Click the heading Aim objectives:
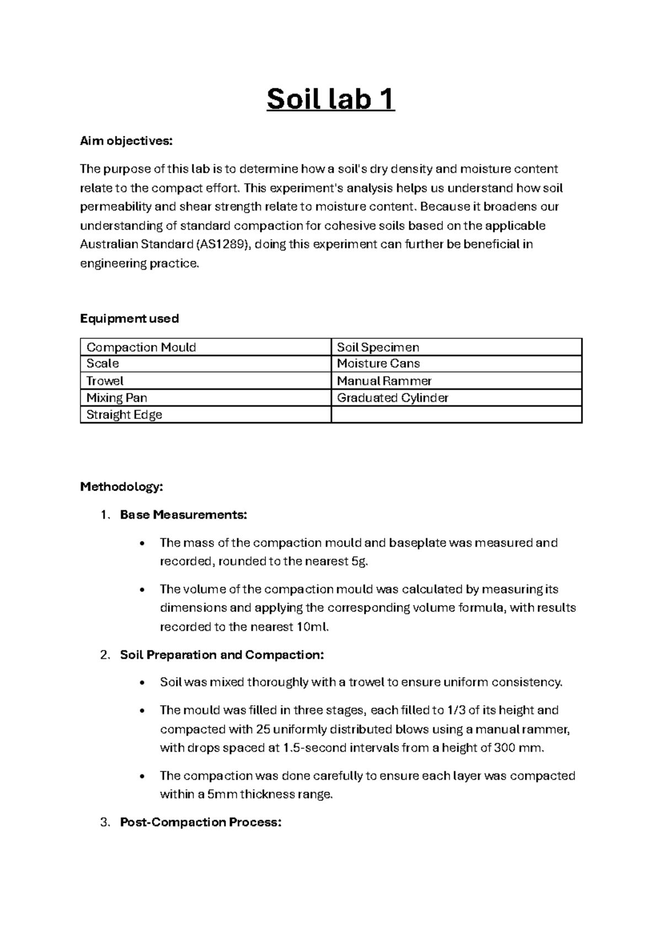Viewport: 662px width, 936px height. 126,141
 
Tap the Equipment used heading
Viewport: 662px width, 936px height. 129,318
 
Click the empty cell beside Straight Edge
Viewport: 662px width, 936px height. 456,415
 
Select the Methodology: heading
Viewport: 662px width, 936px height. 121,487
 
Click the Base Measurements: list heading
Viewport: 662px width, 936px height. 183,515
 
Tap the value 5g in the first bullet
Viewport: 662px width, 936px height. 358,562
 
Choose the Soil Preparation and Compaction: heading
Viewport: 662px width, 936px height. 222,655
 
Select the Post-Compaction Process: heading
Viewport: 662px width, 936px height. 200,822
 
